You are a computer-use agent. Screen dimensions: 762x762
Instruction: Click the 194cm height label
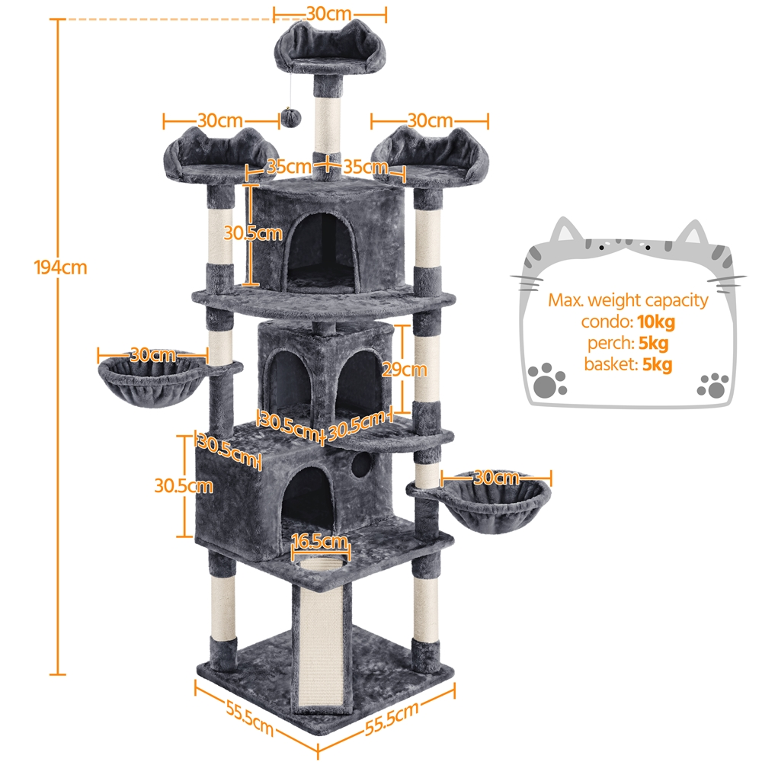point(61,267)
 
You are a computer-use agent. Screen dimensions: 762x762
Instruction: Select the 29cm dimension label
point(404,370)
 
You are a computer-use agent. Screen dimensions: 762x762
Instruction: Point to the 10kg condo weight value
point(656,322)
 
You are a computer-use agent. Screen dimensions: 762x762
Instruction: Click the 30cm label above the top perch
point(328,13)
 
